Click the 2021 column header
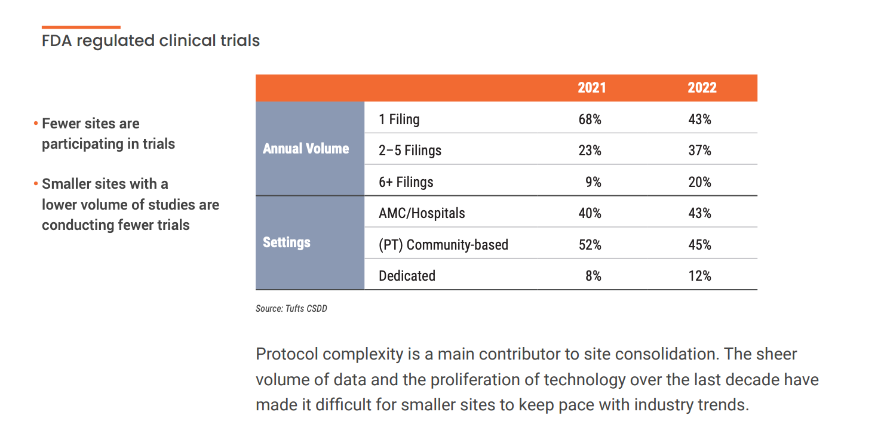591,88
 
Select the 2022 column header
702,88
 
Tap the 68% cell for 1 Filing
590,119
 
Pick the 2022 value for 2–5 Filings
699,150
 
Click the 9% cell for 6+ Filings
593,182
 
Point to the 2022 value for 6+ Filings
699,182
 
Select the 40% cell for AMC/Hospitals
590,213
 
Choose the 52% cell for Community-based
590,245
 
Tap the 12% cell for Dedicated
699,276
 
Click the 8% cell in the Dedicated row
593,276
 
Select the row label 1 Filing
399,119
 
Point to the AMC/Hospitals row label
422,213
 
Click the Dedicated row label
407,276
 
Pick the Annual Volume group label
306,149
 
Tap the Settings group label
287,242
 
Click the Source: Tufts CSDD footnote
291,309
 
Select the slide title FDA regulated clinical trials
151,41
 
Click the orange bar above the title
81,27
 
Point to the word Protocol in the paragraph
287,354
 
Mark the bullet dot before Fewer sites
36,124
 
